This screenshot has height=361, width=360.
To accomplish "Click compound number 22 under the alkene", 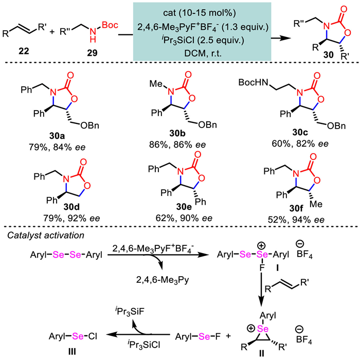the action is click(x=24, y=51).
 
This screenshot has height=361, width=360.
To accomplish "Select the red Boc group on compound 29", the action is click(x=110, y=25).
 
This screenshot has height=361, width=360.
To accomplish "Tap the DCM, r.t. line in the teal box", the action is click(x=203, y=53).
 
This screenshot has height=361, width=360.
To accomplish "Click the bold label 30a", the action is click(x=57, y=136).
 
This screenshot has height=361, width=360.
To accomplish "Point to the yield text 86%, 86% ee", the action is click(x=177, y=145).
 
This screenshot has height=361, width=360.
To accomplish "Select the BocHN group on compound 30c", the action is click(x=254, y=82).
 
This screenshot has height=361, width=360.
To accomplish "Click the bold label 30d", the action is click(x=71, y=207).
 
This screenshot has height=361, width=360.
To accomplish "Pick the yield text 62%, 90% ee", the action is click(x=184, y=218).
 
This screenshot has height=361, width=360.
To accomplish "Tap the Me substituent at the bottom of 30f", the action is click(x=316, y=204).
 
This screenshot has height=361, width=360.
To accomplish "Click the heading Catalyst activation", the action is click(x=46, y=236).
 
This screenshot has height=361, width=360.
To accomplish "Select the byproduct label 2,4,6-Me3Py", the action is click(x=163, y=280).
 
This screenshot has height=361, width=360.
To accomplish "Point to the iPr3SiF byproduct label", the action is click(x=130, y=312).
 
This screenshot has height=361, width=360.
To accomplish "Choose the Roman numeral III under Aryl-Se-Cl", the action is click(x=73, y=352).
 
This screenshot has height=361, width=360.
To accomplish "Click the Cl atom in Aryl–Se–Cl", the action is click(x=92, y=336).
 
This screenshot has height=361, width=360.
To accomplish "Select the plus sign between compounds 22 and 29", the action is click(x=52, y=31).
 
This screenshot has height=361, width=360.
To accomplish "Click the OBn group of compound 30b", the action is click(x=207, y=124).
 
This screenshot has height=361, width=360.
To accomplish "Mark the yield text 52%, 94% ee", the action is click(x=296, y=220).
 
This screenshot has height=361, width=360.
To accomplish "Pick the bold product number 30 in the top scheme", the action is click(x=328, y=55).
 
